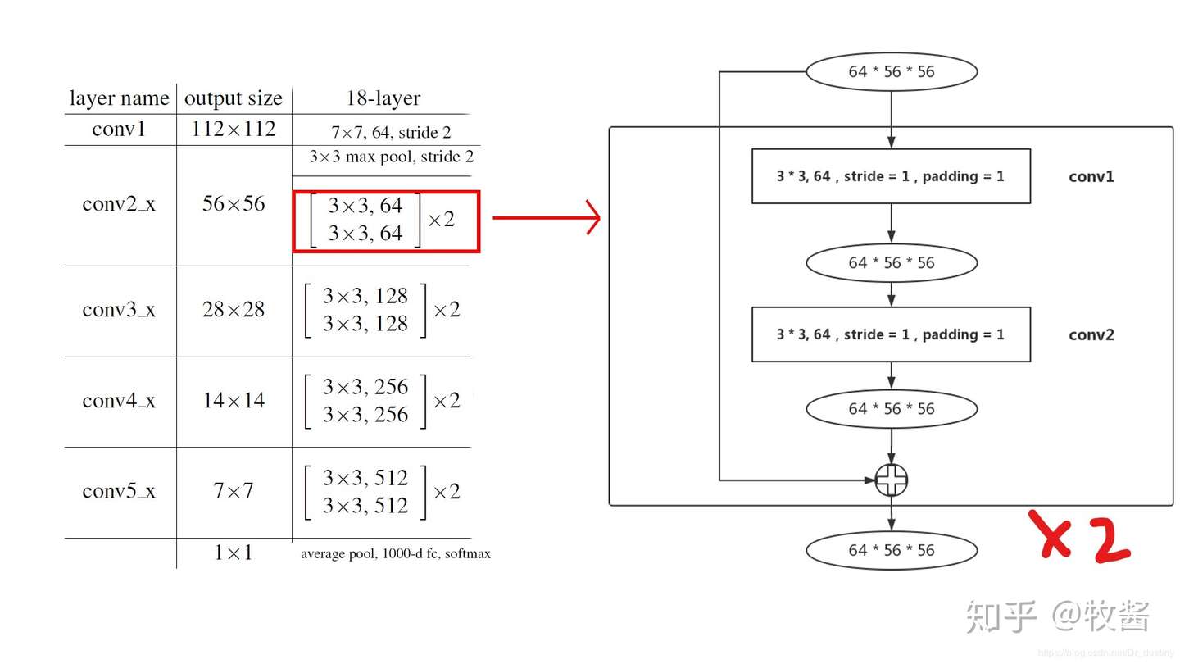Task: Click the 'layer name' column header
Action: point(119,99)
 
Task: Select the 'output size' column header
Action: point(234,99)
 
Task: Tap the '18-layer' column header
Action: point(383,99)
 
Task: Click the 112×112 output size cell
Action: point(234,130)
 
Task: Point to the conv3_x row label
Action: point(119,310)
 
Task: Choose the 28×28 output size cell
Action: point(234,310)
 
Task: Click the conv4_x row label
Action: point(119,401)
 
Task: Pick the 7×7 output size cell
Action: point(234,491)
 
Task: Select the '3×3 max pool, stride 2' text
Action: point(391,157)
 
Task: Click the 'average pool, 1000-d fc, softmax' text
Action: point(395,553)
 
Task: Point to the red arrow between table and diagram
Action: point(547,218)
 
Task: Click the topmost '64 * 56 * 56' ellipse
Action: point(892,72)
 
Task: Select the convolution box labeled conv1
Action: point(891,176)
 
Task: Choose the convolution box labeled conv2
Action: point(891,334)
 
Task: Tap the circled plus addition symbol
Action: point(892,480)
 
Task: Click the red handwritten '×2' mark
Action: point(1081,538)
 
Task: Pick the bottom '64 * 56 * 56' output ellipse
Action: point(892,550)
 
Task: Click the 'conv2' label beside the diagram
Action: point(1091,334)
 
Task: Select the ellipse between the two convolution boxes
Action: point(892,263)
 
